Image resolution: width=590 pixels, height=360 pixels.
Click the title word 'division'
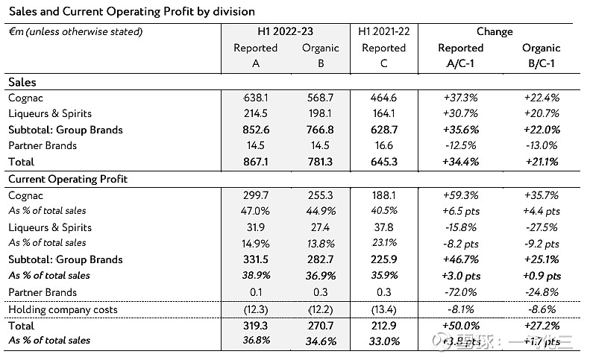(x=233, y=12)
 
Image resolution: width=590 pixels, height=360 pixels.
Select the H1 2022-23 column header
(x=285, y=31)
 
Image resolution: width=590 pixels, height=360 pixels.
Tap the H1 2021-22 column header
(x=384, y=31)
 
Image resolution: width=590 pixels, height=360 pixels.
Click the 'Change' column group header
(x=495, y=31)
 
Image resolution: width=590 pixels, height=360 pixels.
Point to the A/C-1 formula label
(x=460, y=63)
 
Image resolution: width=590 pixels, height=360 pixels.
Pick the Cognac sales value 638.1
(x=256, y=98)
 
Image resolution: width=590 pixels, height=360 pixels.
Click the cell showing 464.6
(x=383, y=98)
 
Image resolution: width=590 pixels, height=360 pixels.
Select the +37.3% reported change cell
(x=460, y=98)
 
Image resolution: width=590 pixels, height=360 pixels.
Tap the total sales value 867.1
(x=256, y=162)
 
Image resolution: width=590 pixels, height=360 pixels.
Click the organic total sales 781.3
(x=320, y=162)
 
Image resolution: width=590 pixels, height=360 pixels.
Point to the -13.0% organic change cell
(x=542, y=145)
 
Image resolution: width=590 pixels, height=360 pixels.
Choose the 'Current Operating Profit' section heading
(x=68, y=179)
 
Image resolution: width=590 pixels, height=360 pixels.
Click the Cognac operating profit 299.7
(x=256, y=195)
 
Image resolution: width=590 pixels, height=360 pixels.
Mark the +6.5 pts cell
(x=461, y=212)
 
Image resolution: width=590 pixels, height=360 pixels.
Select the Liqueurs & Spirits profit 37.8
(x=383, y=227)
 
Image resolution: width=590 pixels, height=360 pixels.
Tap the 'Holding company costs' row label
(x=63, y=309)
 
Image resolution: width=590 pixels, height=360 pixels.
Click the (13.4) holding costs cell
(x=384, y=309)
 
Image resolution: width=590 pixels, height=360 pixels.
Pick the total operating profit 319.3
(x=256, y=326)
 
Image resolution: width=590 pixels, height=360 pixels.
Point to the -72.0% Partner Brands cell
(x=460, y=292)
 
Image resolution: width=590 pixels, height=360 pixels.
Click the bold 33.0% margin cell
(x=384, y=341)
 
